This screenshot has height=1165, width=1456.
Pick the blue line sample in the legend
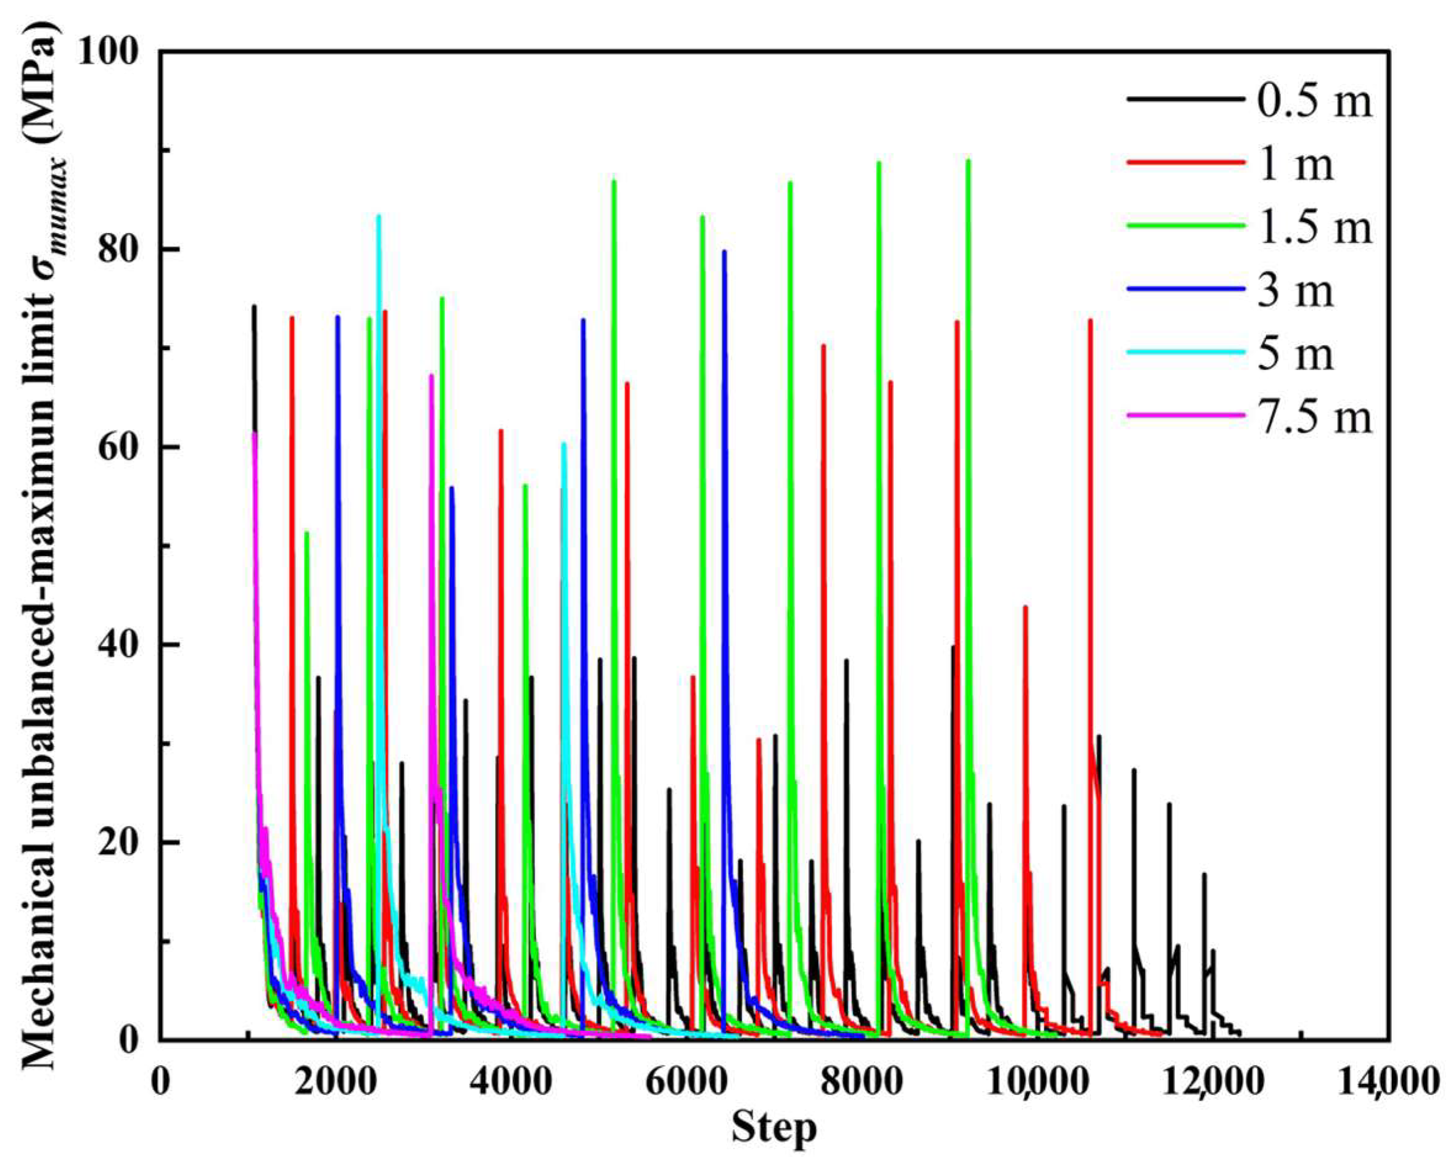(x=1185, y=289)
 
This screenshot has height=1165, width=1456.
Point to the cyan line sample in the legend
(x=1185, y=352)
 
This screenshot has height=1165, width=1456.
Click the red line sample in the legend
(x=1185, y=163)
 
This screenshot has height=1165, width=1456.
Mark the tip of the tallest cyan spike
(x=378, y=216)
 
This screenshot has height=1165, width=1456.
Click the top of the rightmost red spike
(x=1090, y=320)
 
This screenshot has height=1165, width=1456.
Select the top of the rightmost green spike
(x=968, y=161)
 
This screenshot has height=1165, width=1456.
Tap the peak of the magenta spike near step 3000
(x=431, y=375)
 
